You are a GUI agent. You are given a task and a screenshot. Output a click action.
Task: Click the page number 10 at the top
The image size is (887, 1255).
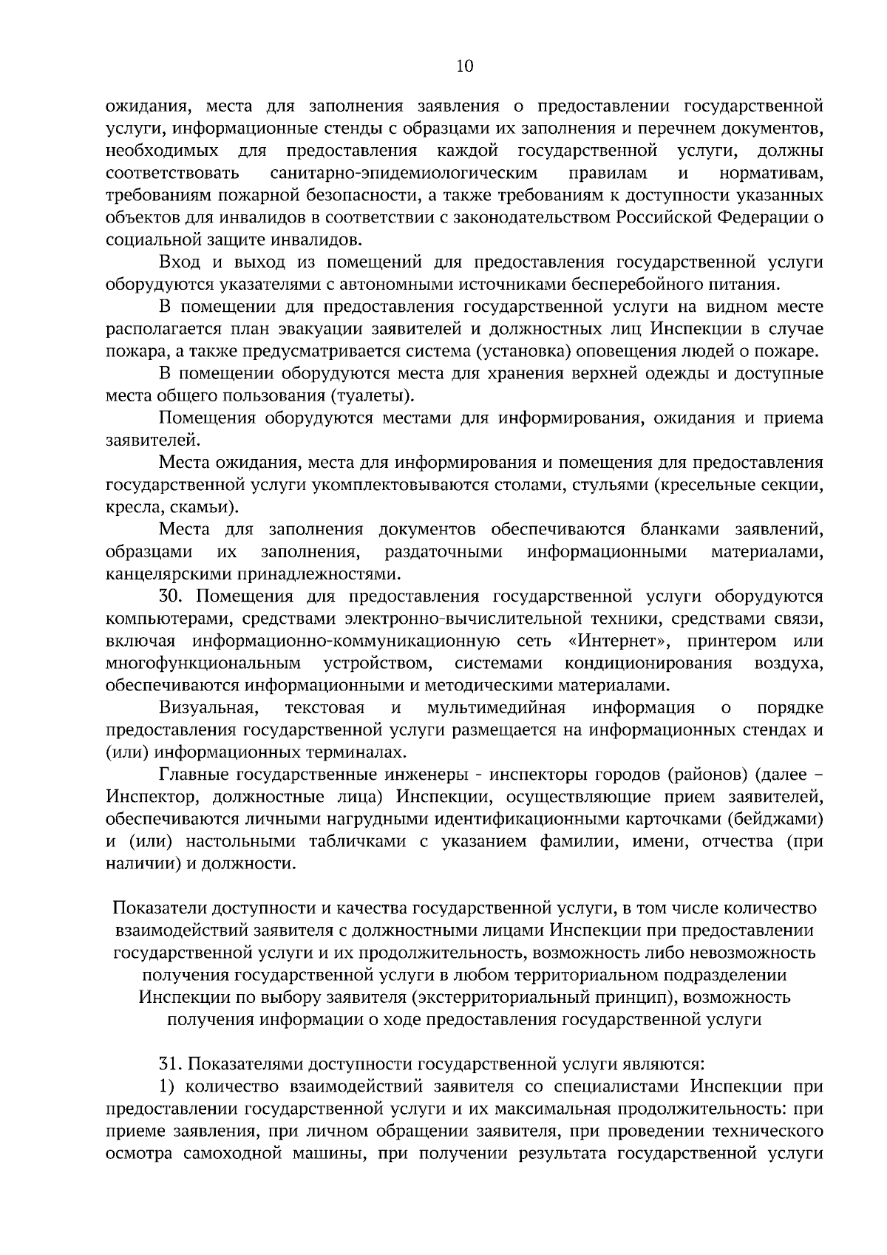pyautogui.click(x=465, y=67)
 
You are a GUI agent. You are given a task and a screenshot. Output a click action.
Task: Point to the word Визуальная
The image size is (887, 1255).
pyautogui.click(x=208, y=708)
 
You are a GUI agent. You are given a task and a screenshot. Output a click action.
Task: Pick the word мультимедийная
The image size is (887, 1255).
pyautogui.click(x=496, y=708)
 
